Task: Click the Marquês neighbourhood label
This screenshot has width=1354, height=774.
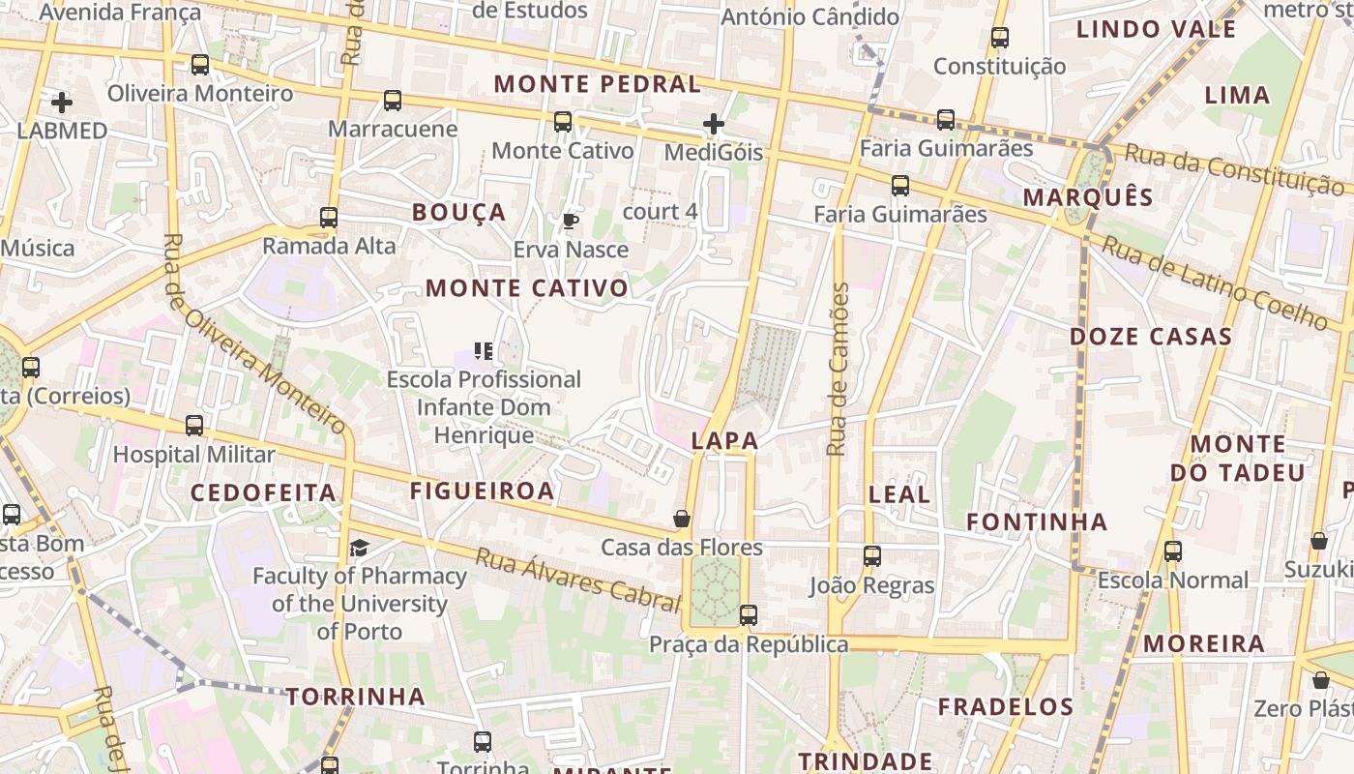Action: [1088, 197]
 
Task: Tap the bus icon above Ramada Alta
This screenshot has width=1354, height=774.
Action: [329, 218]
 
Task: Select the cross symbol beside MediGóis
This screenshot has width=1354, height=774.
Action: [714, 124]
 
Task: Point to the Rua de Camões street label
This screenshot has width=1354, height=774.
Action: [839, 369]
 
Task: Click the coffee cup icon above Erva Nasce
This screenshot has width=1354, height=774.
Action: [571, 222]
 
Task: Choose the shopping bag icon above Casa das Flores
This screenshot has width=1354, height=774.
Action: [682, 520]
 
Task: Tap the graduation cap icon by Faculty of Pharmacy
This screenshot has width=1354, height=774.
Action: [360, 549]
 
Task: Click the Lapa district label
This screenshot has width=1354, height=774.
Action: [725, 441]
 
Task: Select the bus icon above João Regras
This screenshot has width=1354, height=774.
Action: [872, 556]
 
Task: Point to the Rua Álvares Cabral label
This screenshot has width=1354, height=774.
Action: [577, 580]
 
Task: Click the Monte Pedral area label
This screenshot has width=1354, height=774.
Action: [597, 84]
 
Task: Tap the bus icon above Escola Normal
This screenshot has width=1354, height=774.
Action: [1173, 551]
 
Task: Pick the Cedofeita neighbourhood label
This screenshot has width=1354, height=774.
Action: [263, 492]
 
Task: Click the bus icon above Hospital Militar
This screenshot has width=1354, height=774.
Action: [194, 426]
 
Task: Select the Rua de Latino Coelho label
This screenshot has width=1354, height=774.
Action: [1215, 283]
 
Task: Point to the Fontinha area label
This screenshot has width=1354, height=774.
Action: [1037, 522]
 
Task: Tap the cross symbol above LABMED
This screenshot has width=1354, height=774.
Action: [62, 102]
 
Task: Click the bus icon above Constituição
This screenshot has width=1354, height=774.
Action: [1000, 38]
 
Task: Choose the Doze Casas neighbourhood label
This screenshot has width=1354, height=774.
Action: [1150, 337]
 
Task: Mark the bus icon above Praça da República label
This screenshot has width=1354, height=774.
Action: [748, 615]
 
